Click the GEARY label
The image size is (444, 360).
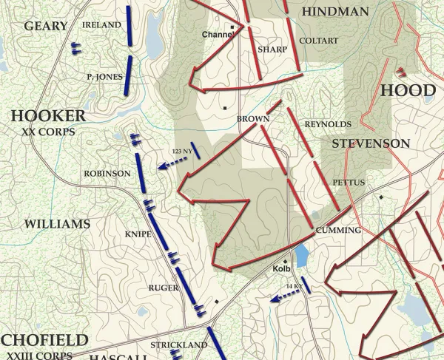click(46, 27)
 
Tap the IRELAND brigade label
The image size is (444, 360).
click(102, 25)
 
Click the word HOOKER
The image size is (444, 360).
click(48, 117)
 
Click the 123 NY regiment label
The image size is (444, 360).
click(182, 152)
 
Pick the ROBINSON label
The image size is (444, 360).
click(107, 174)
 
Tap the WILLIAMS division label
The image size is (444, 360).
click(57, 223)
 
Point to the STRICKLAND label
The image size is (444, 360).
click(178, 345)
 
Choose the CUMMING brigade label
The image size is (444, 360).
click(338, 231)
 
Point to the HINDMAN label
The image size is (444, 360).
click(335, 11)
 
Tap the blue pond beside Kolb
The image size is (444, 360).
click(302, 257)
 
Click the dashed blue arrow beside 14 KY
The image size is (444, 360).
click(285, 296)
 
